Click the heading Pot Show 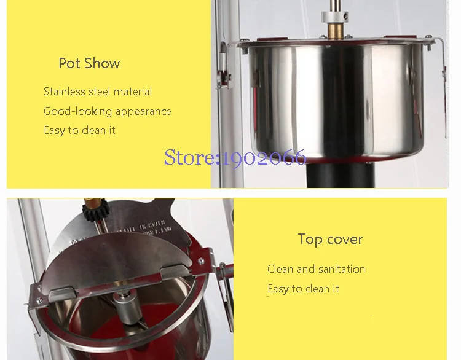(89, 63)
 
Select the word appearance (143, 112)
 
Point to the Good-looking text (78, 111)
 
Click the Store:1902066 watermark (235, 157)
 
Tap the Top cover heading (330, 239)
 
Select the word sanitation (342, 269)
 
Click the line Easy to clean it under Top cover (303, 289)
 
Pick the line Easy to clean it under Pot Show (79, 130)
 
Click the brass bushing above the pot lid (336, 31)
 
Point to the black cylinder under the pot (341, 175)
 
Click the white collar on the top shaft (334, 17)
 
